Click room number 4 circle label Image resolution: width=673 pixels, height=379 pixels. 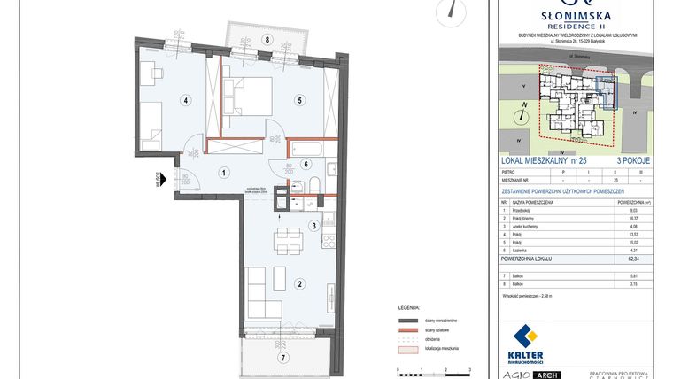pos(185,100)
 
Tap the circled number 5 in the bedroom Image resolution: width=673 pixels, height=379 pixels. pos(300,100)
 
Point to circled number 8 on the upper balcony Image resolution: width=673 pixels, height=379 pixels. pos(266,40)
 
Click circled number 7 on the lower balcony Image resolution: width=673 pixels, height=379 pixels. pos(283,358)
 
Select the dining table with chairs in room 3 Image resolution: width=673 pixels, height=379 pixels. pos(288,238)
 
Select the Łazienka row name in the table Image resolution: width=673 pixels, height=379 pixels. pos(523,250)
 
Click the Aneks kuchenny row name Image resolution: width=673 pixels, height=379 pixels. pos(530,226)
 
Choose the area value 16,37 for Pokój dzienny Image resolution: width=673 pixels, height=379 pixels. pos(632,218)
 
